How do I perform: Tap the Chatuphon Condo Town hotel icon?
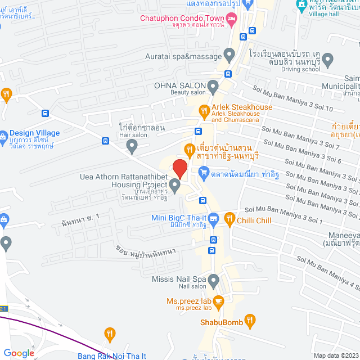[232, 19]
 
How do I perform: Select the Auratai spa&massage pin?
[229, 55]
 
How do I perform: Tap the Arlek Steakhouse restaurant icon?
[204, 108]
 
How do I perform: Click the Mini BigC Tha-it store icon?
[214, 218]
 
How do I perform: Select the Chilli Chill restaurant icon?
[229, 219]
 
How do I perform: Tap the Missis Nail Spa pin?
[213, 280]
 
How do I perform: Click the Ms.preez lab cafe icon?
[219, 301]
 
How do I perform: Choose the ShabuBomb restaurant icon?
[250, 322]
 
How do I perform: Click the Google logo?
[19, 353]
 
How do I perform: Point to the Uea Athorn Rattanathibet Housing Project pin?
[175, 186]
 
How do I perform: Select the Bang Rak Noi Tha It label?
[112, 355]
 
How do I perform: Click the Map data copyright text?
[335, 355]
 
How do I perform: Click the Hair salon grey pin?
[132, 147]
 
